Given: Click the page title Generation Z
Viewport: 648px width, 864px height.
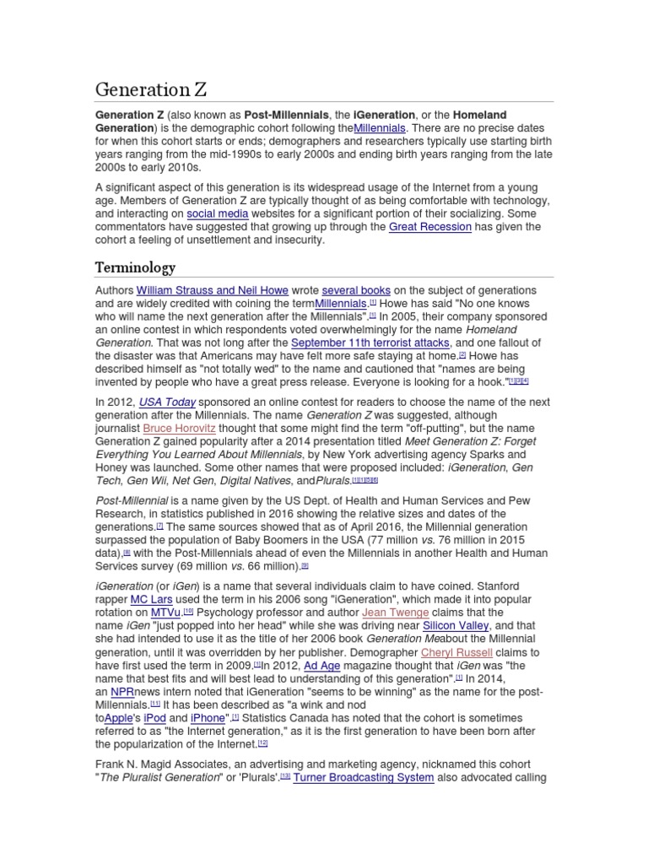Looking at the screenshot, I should click(151, 89).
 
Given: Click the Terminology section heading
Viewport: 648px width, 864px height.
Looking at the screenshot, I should click(135, 267).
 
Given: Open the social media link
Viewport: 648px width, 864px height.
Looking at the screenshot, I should click(217, 214).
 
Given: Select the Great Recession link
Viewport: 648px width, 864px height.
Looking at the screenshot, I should click(429, 227).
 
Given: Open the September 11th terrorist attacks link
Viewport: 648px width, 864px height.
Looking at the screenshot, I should click(371, 343).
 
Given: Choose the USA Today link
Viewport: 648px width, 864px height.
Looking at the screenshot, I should click(167, 402).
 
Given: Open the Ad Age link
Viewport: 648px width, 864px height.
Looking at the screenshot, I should click(321, 665).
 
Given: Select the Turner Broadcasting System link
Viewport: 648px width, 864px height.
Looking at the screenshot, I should click(364, 778).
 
